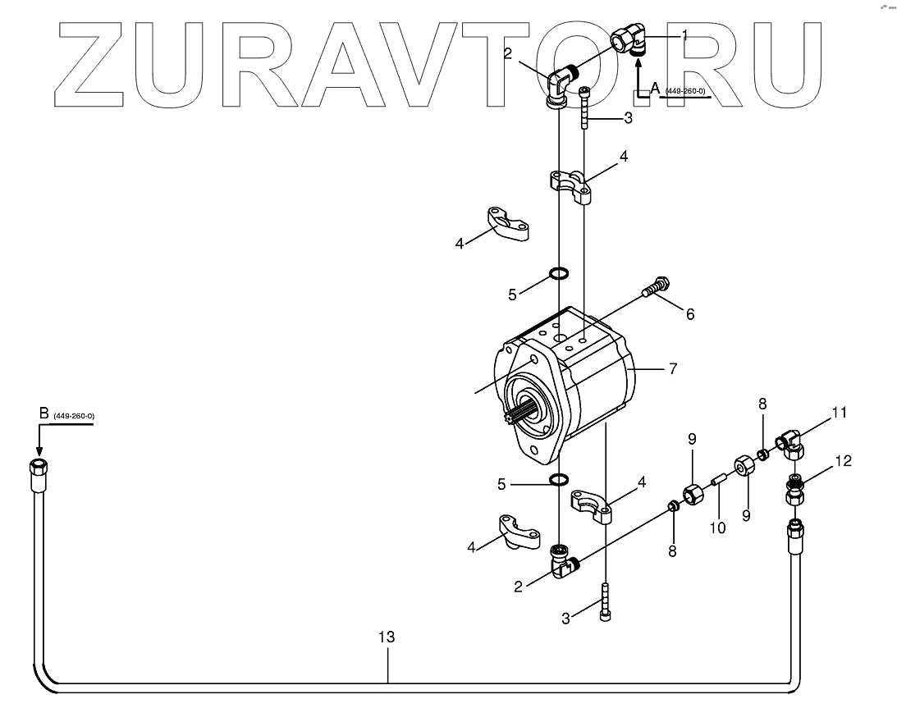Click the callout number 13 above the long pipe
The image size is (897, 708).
click(x=387, y=637)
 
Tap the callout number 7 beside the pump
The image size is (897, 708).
click(x=672, y=369)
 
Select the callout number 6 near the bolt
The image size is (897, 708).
click(x=690, y=313)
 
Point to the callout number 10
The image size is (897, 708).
click(x=718, y=528)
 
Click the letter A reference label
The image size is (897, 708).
click(x=655, y=87)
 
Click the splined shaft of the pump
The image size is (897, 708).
click(x=521, y=413)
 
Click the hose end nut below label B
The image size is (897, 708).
click(x=39, y=470)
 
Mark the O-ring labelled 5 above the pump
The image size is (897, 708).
click(x=559, y=273)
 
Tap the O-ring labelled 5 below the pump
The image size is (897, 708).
click(x=559, y=479)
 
